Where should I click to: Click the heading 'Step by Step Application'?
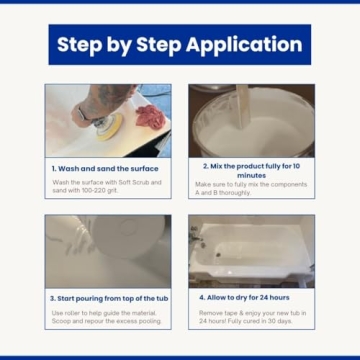pos(179,45)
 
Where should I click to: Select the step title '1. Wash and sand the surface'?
pos(96,169)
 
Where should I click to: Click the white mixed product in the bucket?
pos(250,130)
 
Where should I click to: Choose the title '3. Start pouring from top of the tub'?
pos(108,298)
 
